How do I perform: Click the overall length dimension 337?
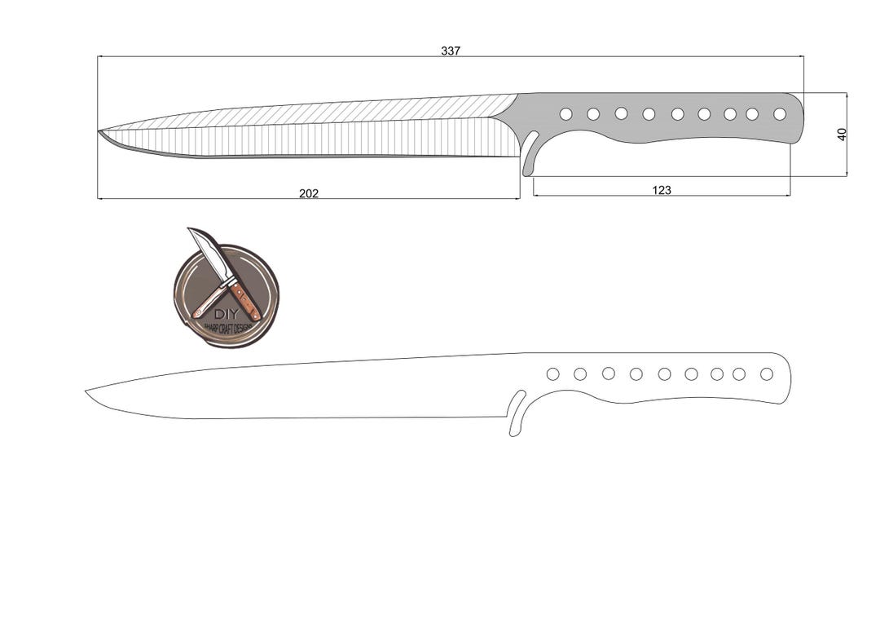(451, 51)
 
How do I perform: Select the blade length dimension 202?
(309, 193)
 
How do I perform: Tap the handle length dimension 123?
(662, 190)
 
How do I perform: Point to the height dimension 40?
(842, 134)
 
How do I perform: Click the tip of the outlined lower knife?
(87, 392)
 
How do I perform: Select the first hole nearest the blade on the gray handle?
(565, 114)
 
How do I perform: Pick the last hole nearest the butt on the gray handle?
(780, 114)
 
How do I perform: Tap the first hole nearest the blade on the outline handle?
(552, 373)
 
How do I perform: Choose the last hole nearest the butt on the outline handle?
(767, 373)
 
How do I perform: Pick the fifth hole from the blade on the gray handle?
(677, 114)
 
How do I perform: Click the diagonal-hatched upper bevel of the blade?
(367, 112)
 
